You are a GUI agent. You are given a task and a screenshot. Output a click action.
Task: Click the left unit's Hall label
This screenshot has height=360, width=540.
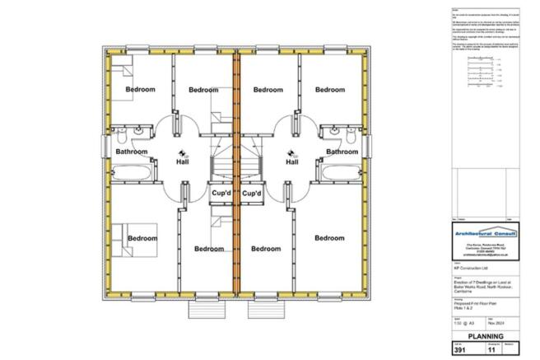[184, 162]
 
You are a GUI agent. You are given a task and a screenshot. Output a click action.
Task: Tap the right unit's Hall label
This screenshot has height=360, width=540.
[291, 162]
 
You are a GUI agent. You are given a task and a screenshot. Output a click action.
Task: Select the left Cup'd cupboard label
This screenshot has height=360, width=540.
[221, 194]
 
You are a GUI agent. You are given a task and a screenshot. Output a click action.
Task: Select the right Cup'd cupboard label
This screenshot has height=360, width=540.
[252, 194]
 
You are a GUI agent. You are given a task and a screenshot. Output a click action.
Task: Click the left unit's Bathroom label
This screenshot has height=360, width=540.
[132, 152]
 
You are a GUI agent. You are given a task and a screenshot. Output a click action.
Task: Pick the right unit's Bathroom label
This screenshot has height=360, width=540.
[342, 152]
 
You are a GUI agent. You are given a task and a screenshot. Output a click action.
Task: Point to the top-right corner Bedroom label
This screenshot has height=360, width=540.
[329, 90]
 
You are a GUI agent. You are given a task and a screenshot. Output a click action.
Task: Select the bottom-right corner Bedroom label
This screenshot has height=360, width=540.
[329, 238]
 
